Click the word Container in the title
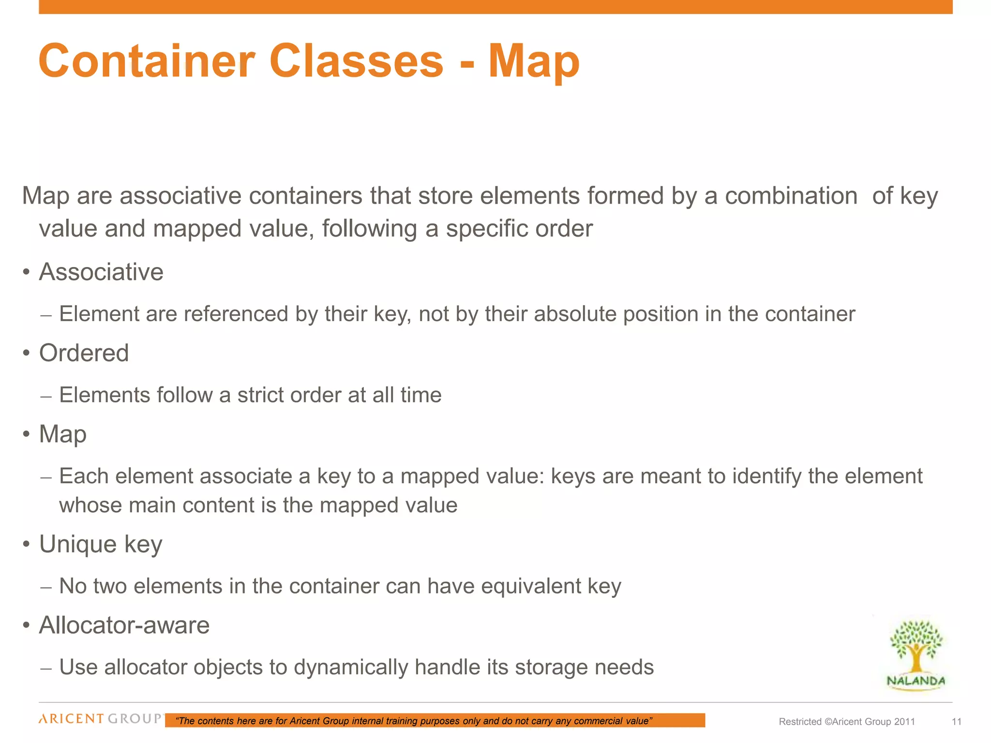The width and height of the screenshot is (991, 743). click(x=147, y=61)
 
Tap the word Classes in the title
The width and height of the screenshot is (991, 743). click(x=356, y=61)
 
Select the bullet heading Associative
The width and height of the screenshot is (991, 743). click(x=101, y=272)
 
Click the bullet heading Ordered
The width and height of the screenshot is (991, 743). click(x=84, y=353)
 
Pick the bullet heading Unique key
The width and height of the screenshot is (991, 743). click(x=101, y=544)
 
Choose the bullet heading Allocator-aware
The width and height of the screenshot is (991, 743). click(x=124, y=625)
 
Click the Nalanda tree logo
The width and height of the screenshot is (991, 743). click(x=916, y=653)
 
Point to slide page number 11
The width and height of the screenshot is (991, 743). click(x=956, y=722)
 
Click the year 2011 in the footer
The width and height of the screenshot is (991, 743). click(x=904, y=722)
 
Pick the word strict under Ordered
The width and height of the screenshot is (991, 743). click(x=261, y=395)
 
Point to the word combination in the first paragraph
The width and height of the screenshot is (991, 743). click(x=791, y=196)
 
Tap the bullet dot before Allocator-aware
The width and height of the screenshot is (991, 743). click(x=27, y=626)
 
